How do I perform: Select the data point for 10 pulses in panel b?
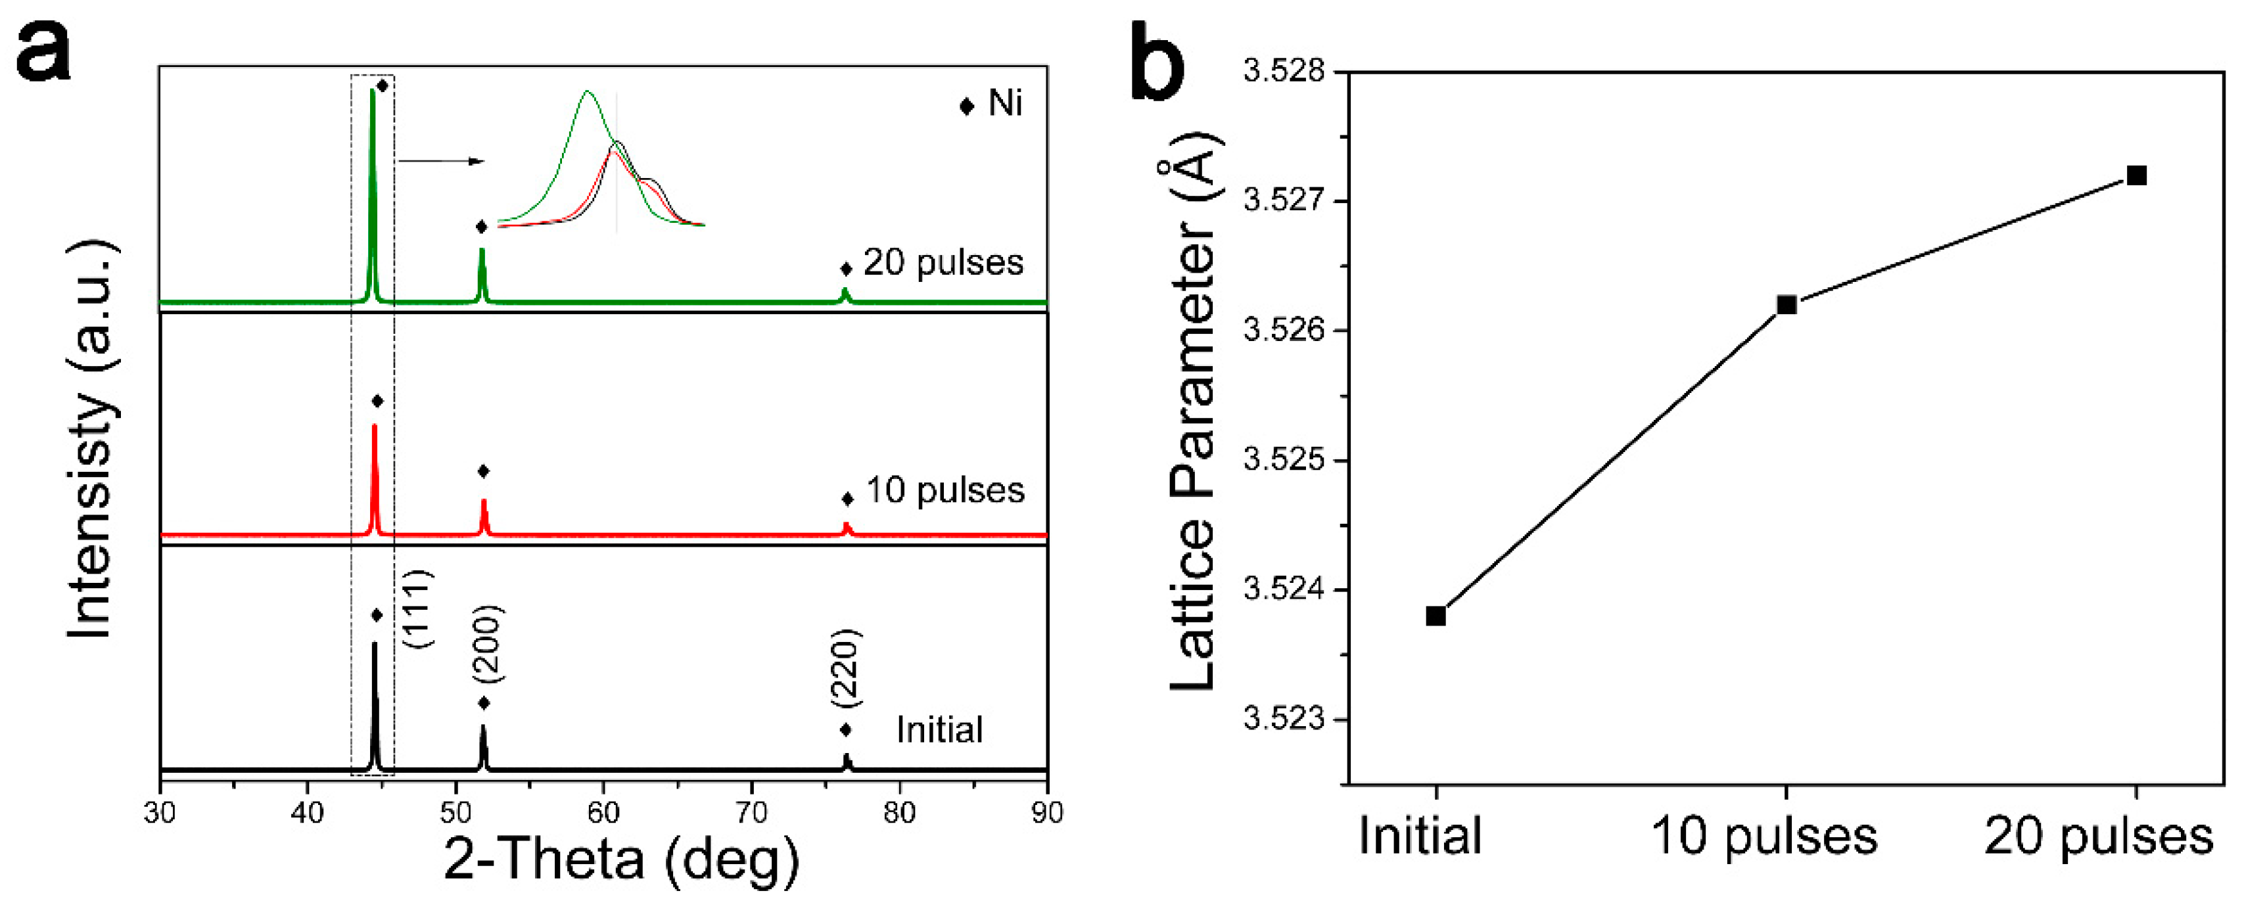[x=1786, y=304]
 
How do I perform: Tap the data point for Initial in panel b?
[x=1436, y=616]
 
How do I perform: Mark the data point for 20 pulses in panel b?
[x=2136, y=175]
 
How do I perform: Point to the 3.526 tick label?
[x=1284, y=330]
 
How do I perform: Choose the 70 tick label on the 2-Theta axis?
[x=751, y=813]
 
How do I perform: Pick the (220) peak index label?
[x=844, y=668]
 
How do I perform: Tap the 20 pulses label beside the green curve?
[x=943, y=262]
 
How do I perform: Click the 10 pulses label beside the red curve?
[x=945, y=490]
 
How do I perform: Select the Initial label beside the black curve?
[x=939, y=729]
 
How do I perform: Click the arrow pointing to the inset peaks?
[x=440, y=161]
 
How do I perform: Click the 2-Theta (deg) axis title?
[x=621, y=860]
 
